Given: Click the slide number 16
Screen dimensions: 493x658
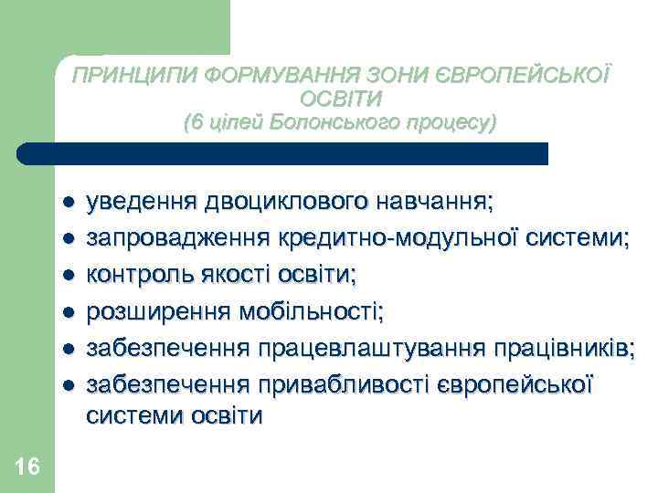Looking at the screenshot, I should click(27, 467).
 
